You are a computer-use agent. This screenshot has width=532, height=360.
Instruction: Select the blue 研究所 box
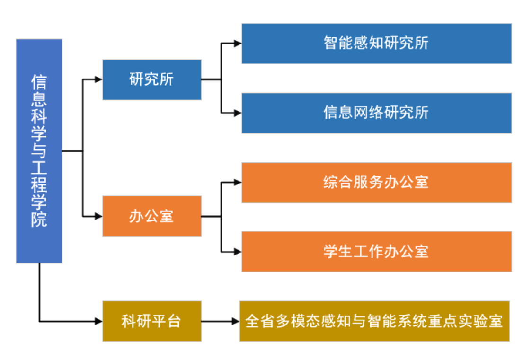(x=151, y=79)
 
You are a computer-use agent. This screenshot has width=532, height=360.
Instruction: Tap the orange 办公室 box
(x=151, y=216)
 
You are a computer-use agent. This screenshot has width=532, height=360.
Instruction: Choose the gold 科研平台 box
(x=151, y=321)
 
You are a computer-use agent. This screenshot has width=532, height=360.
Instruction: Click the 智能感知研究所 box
(x=376, y=43)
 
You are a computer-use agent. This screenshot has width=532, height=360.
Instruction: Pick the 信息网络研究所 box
(x=376, y=113)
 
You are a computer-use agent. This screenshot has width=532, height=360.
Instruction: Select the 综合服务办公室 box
(x=376, y=182)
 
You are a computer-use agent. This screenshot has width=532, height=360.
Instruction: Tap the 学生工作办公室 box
(x=376, y=251)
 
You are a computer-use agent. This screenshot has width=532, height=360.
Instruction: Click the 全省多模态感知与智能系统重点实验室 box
(x=374, y=321)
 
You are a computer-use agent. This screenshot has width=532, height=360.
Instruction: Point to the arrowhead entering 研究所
(x=98, y=79)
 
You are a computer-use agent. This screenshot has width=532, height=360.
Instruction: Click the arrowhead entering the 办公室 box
(x=98, y=216)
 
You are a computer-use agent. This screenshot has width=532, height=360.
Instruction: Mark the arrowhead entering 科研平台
(x=98, y=321)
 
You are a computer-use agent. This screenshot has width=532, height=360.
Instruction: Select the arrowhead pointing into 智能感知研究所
(x=238, y=44)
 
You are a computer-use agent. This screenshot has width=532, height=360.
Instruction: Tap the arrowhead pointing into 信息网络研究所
(x=238, y=113)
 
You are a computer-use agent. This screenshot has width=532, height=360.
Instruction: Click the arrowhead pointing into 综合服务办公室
(x=238, y=182)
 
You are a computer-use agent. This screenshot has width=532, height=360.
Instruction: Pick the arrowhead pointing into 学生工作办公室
(x=238, y=251)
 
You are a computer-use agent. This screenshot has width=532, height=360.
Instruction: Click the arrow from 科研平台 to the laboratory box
(x=220, y=321)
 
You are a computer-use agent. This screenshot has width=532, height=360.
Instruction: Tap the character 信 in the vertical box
(x=39, y=81)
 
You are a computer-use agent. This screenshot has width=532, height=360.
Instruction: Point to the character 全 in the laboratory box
(x=251, y=321)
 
